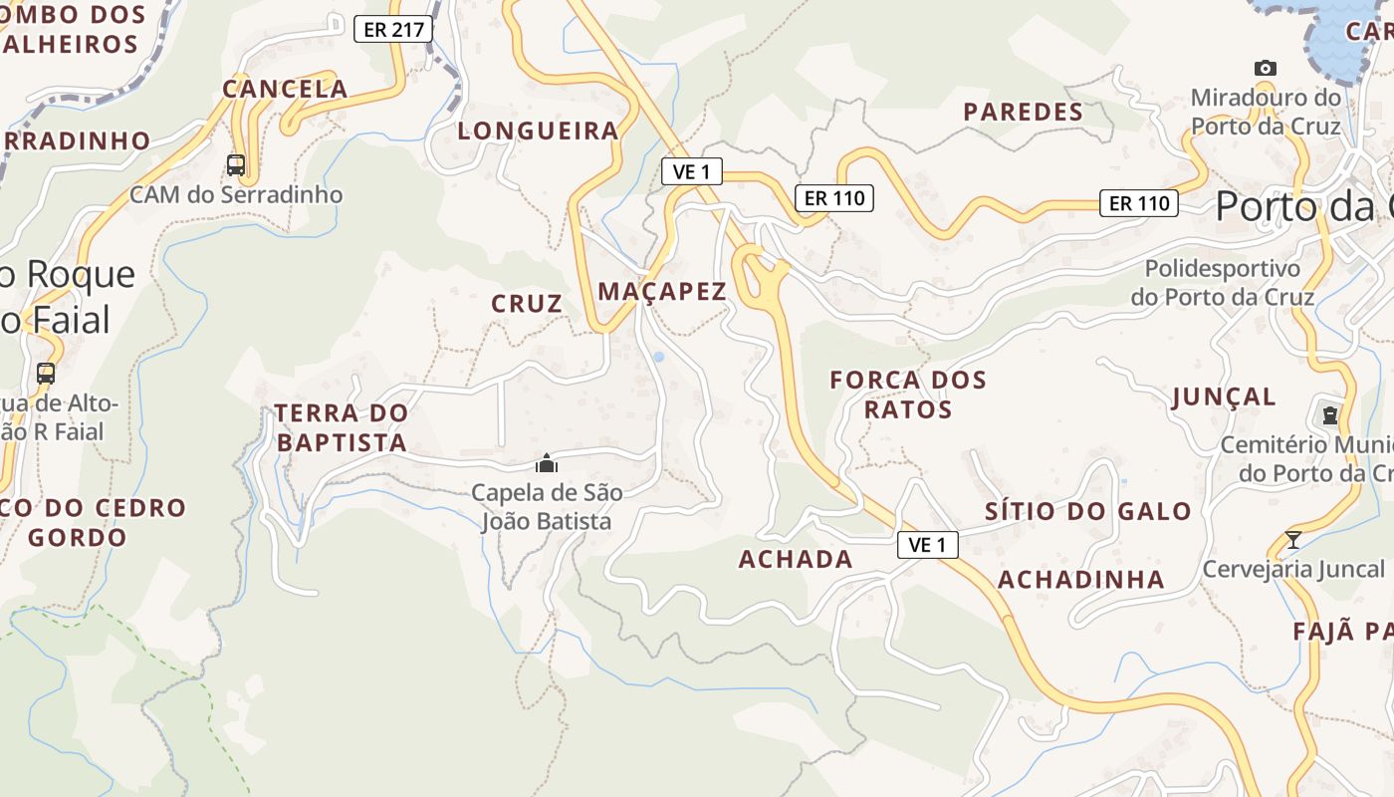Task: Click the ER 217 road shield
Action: (x=393, y=29)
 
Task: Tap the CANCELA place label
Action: (x=285, y=89)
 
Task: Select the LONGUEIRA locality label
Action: (x=539, y=131)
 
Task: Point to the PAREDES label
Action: (x=1024, y=112)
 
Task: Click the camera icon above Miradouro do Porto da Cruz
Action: (x=1266, y=68)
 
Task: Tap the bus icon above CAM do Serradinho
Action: (x=236, y=164)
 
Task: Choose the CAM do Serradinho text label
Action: (x=236, y=194)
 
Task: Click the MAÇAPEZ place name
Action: (x=662, y=291)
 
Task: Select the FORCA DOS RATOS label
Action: (x=908, y=394)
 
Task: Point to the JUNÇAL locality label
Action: (x=1224, y=397)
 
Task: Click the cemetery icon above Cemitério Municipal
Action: (x=1330, y=414)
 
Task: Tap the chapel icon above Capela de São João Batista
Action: (x=546, y=463)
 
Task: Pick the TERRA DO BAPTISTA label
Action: (x=342, y=426)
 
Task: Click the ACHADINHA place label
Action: (x=1081, y=580)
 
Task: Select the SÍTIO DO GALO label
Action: (x=1088, y=512)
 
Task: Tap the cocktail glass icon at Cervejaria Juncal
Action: (x=1292, y=540)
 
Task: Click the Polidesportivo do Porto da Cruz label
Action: (x=1223, y=282)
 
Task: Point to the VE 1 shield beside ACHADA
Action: (x=927, y=544)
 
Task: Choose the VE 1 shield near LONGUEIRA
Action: (x=692, y=171)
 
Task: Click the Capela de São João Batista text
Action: (x=547, y=506)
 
